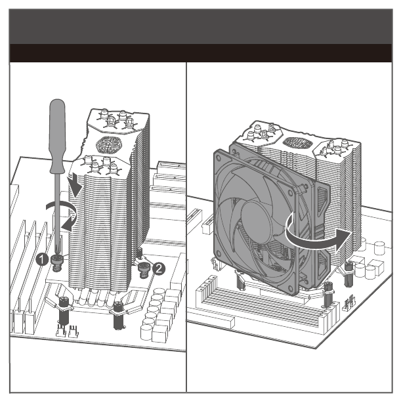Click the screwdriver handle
pyautogui.click(x=57, y=136)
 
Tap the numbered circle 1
pyautogui.click(x=42, y=259)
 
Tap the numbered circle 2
pyautogui.click(x=159, y=269)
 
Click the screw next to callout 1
pyautogui.click(x=58, y=263)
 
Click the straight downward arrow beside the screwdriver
pyautogui.click(x=75, y=185)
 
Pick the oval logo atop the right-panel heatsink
pyautogui.click(x=298, y=142)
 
